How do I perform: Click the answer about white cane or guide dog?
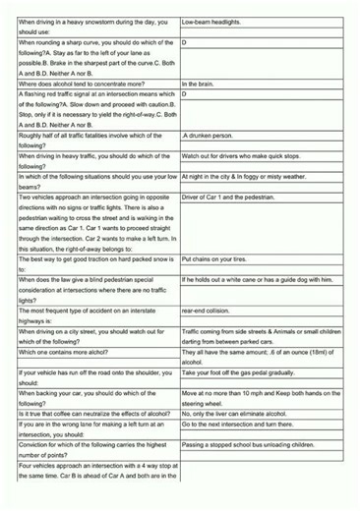pos(257,279)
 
